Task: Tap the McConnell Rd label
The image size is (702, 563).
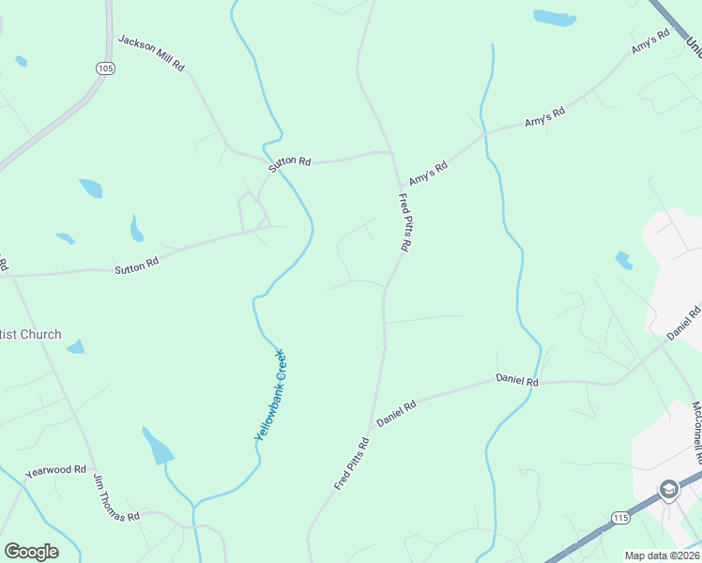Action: [695, 433]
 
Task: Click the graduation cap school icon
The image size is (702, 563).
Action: [667, 489]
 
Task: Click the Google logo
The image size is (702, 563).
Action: [31, 552]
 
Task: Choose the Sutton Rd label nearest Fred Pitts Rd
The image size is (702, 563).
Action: [289, 161]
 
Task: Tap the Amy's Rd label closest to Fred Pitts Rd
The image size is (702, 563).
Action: [428, 173]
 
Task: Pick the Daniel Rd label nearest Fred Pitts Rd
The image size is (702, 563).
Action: [396, 414]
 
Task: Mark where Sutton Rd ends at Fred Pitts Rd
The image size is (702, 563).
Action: [390, 152]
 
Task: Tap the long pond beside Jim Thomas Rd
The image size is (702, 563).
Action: [157, 446]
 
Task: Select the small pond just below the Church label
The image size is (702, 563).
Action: [75, 347]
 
